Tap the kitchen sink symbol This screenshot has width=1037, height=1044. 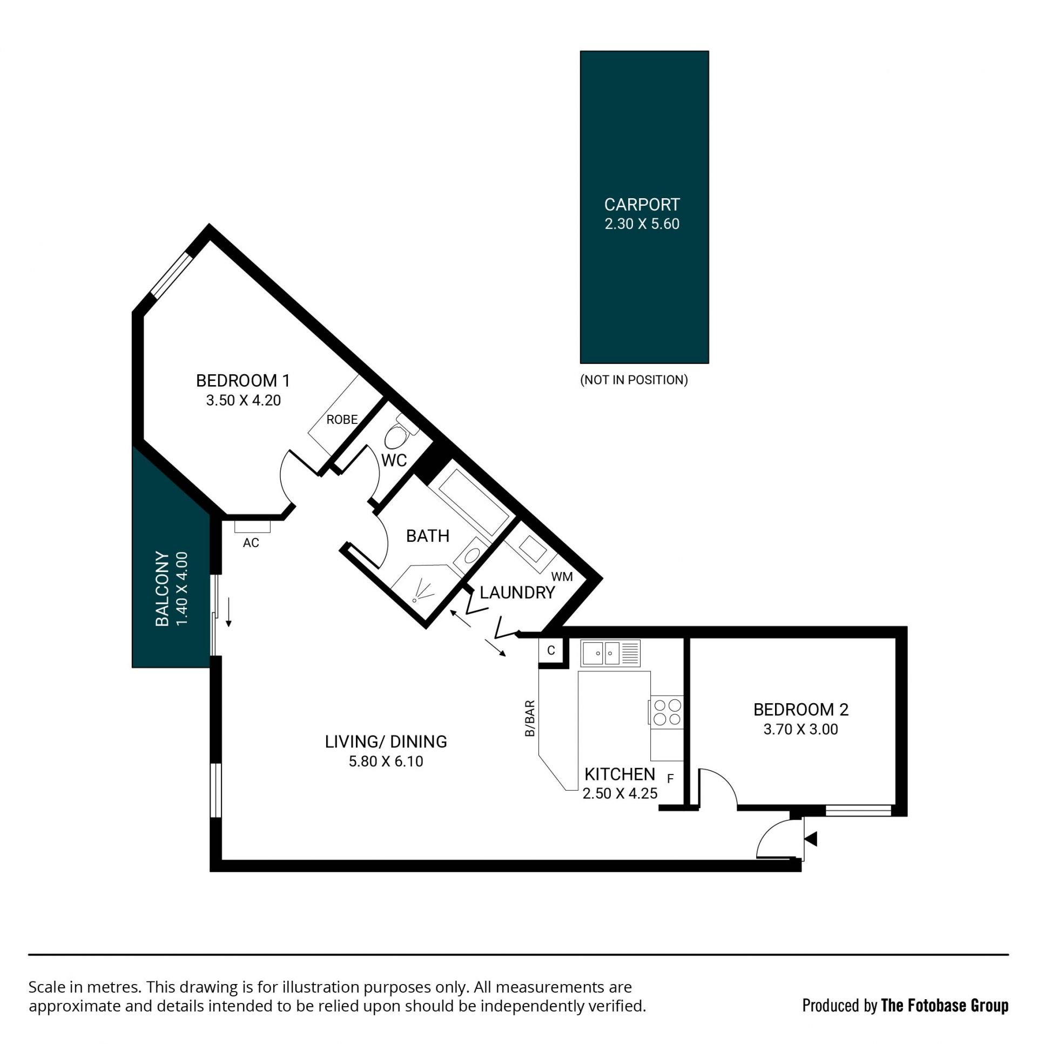[x=610, y=653]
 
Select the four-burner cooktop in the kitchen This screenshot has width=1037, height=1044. [x=667, y=712]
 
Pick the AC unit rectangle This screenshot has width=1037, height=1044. [x=252, y=526]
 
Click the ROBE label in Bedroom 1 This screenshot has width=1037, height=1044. [x=342, y=419]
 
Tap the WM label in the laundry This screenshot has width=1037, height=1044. [x=562, y=577]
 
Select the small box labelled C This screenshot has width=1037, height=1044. [x=551, y=650]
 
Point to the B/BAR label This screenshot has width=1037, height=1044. [x=530, y=718]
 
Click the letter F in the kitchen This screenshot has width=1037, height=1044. [x=671, y=779]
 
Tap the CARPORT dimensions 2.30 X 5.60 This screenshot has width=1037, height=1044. [x=642, y=224]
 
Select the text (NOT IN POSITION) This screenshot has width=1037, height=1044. [x=634, y=380]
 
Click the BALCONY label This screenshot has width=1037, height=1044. [x=162, y=589]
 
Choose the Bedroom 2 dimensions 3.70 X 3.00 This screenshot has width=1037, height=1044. [x=800, y=729]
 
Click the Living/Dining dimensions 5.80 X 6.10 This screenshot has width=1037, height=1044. [x=386, y=761]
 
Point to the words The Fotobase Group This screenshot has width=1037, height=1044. [x=945, y=1005]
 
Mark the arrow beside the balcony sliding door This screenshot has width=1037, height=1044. [x=228, y=612]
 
